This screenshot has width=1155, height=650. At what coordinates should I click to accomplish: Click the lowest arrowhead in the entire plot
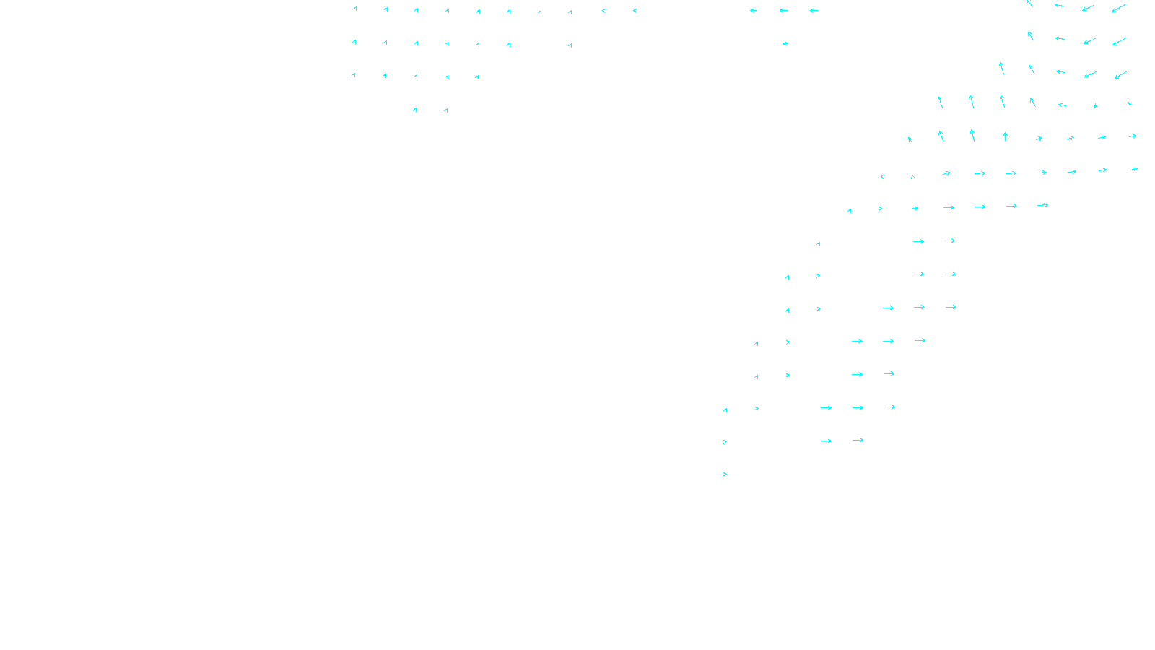coord(725,474)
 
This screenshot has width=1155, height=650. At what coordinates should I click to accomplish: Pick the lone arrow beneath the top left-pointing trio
coord(785,44)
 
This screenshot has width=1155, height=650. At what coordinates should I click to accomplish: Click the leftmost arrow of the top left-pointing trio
coord(753,11)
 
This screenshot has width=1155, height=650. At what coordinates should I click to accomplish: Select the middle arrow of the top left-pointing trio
coord(783,11)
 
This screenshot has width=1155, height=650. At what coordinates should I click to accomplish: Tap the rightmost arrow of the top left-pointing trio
coord(814,11)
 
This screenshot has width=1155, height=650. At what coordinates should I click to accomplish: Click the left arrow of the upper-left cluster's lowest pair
coord(414,110)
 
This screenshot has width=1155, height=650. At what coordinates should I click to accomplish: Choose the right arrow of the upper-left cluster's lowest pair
coord(446,110)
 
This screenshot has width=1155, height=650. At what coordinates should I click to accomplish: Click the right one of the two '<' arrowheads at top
coord(635,11)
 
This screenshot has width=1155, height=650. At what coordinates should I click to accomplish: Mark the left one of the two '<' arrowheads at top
coord(603,11)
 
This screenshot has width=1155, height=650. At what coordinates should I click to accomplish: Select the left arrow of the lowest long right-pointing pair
coord(826,441)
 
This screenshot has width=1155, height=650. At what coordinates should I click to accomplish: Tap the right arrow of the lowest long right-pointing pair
coord(858,440)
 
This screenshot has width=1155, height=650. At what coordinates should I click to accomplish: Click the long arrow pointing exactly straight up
coord(1005,136)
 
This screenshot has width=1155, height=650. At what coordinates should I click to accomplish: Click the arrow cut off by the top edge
coord(1029,3)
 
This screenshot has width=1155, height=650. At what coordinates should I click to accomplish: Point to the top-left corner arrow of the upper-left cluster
coord(354,9)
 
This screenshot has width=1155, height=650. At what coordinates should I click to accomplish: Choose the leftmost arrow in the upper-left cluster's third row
coord(354,75)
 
